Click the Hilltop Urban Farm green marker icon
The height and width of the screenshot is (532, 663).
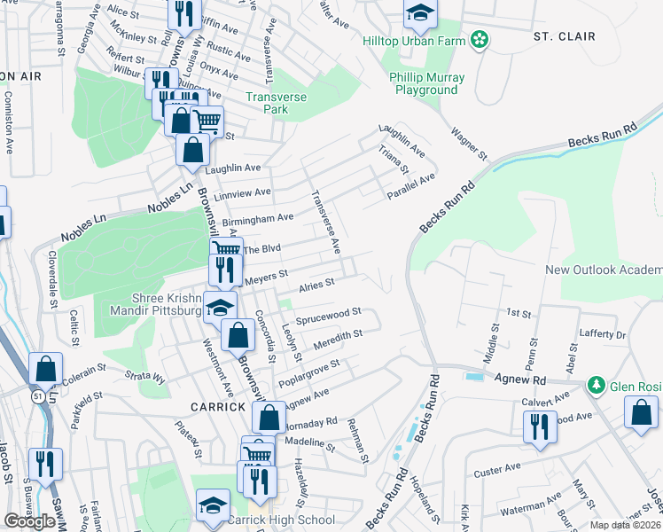[480, 39]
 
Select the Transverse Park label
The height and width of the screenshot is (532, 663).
[279, 103]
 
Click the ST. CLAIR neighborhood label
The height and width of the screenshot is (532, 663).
[564, 36]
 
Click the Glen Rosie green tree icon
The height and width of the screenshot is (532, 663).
[596, 385]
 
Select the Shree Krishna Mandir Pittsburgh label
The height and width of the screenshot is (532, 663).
[168, 304]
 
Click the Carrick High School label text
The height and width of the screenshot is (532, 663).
[282, 520]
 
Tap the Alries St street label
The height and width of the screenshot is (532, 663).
[315, 284]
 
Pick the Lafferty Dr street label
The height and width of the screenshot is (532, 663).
[602, 334]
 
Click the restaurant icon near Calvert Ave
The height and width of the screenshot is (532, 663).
[540, 426]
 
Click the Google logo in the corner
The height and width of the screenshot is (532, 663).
[30, 521]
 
